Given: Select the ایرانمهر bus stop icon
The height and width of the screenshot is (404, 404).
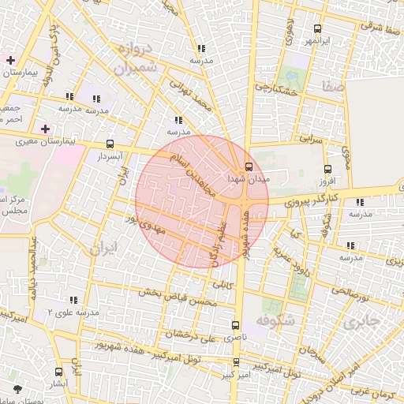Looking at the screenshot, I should point(317,28).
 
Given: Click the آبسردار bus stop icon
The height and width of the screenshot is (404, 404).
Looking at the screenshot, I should point(110,144).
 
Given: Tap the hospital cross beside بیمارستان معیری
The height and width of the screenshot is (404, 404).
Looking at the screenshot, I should point(45,129).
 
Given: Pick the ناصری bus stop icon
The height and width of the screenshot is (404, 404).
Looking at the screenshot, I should point(236,325).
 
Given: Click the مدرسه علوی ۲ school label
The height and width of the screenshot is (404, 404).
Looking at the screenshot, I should point(73,312).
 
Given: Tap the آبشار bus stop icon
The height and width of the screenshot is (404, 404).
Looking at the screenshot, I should point(58,372).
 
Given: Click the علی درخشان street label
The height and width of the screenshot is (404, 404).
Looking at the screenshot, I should point(193,335).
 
